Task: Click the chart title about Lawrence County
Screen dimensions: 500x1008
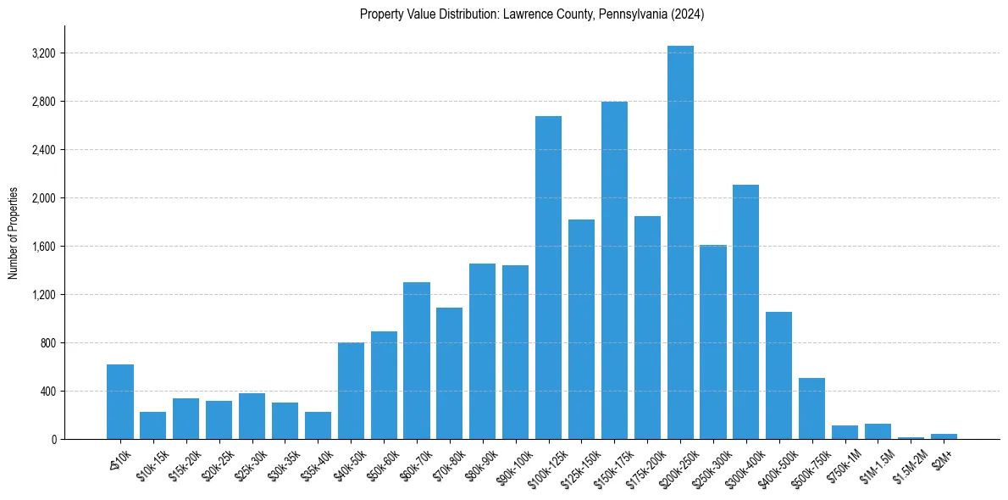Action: pos(532,14)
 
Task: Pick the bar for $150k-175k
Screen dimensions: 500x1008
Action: pos(614,270)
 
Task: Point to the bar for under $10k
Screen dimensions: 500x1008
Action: pos(120,402)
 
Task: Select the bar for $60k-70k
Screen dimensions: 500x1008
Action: pos(417,361)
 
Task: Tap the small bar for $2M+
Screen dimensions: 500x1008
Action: pos(944,436)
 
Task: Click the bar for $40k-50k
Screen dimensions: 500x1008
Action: pos(351,391)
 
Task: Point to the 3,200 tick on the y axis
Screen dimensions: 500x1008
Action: pos(43,53)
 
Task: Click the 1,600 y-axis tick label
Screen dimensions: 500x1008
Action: pos(43,247)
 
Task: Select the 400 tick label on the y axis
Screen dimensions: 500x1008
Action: pos(47,392)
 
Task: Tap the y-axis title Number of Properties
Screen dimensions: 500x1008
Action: pos(14,233)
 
